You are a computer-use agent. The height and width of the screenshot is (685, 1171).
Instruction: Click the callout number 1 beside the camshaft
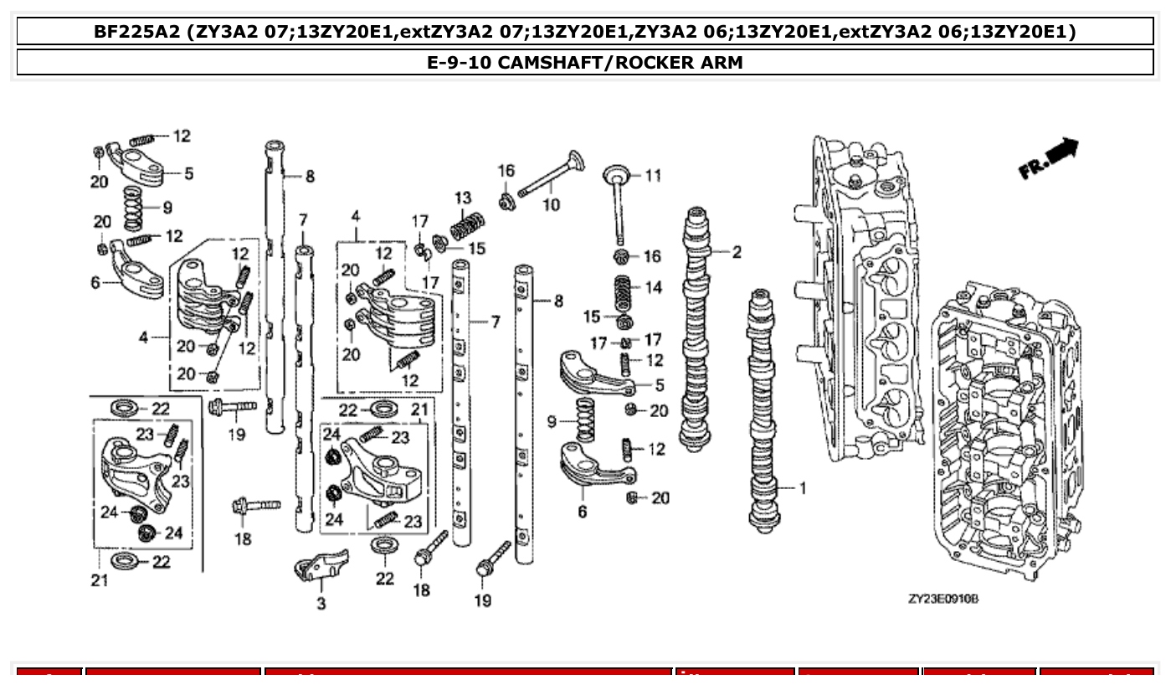coord(803,487)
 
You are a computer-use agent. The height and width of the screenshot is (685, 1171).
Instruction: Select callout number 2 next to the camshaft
coord(737,251)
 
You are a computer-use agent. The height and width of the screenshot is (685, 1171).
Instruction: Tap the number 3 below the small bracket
coord(321,603)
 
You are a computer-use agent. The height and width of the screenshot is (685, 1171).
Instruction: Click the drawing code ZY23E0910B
coord(943,600)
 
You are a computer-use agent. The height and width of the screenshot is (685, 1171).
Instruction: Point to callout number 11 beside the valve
coord(653,175)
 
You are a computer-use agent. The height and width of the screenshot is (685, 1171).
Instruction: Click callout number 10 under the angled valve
coord(551,203)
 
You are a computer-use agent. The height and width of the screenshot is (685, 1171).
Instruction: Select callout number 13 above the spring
coord(463,198)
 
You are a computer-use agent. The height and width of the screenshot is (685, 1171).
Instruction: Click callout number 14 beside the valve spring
coord(653,287)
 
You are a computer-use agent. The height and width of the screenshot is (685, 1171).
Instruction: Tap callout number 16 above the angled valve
coord(506,171)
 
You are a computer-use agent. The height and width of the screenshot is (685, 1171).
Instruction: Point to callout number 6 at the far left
coord(95,283)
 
